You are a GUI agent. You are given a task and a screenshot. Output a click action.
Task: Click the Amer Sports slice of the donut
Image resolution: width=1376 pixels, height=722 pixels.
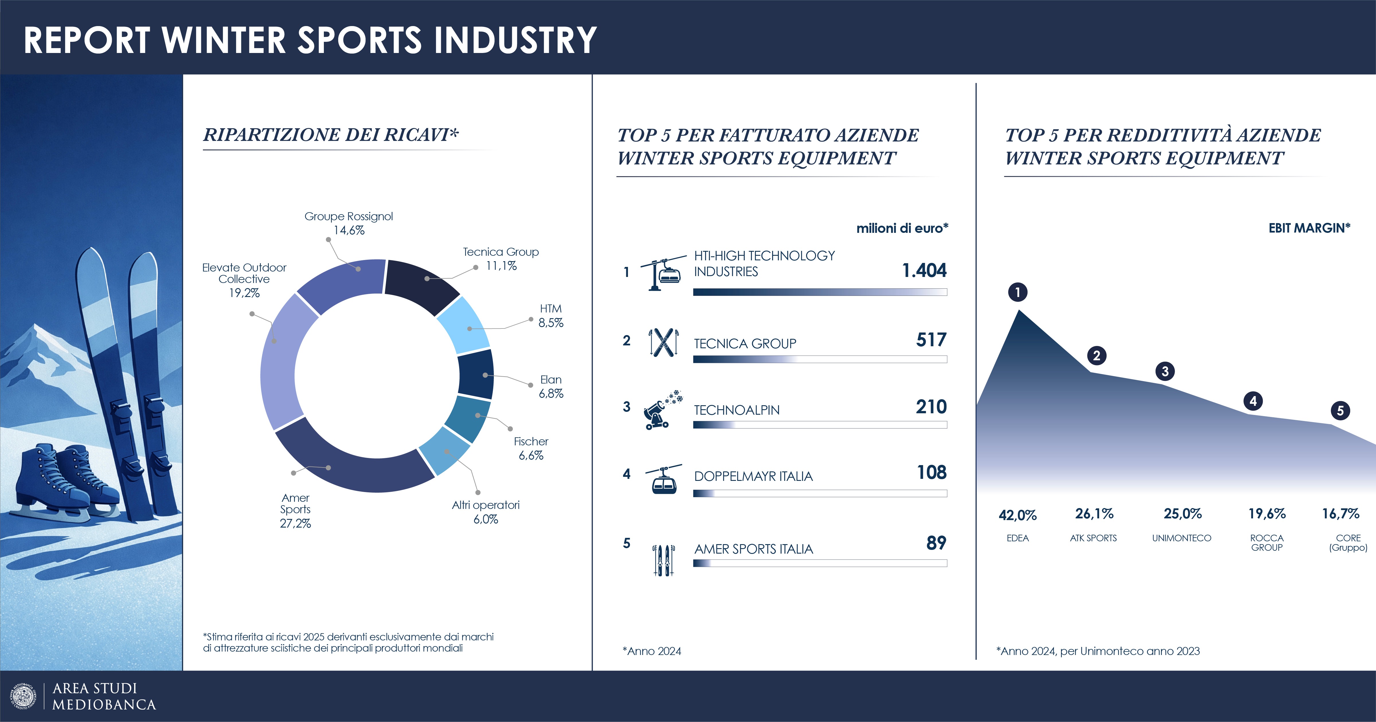point(347,464)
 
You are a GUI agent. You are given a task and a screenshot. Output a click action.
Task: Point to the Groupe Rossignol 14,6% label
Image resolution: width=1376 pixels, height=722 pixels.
point(349,223)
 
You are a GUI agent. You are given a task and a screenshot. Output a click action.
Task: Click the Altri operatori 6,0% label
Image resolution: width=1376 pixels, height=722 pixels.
point(486,512)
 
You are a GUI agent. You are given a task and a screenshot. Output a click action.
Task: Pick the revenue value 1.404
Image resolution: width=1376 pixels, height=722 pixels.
point(924,271)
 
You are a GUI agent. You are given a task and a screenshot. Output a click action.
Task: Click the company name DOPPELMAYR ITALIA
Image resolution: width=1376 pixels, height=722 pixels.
point(753,476)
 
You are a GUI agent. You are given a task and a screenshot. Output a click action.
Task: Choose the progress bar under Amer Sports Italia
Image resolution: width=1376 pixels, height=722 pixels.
point(820,563)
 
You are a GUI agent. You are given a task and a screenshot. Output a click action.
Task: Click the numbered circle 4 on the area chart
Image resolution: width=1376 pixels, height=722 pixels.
point(1253,401)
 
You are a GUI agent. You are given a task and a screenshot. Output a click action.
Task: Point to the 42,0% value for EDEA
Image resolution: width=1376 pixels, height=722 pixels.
point(1017,515)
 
